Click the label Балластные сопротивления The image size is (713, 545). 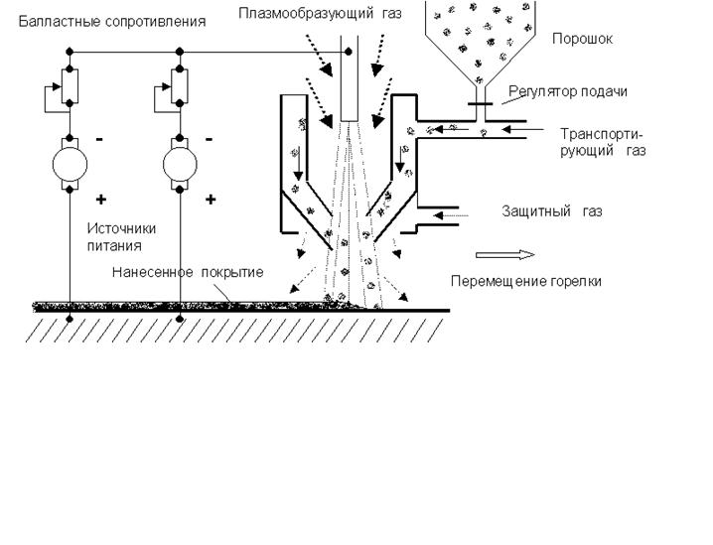(113, 21)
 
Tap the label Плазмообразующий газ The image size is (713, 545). (320, 12)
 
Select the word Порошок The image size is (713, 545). (582, 40)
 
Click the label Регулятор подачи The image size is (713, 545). (569, 91)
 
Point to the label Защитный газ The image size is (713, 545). (552, 211)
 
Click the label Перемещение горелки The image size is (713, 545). (525, 281)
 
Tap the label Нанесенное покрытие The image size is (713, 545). (187, 272)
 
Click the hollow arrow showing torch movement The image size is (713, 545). (498, 252)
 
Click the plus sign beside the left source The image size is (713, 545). (100, 199)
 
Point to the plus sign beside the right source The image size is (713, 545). (210, 199)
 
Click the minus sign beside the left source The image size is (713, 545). (99, 139)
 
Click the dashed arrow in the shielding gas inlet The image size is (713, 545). (453, 213)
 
